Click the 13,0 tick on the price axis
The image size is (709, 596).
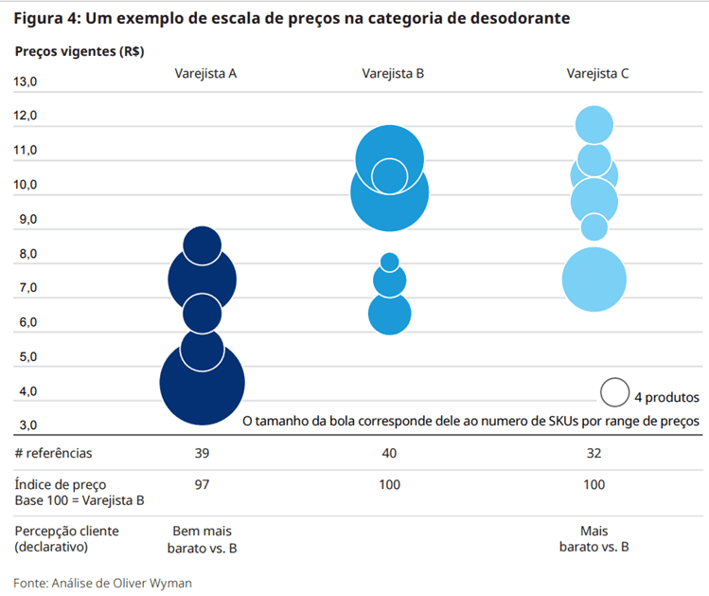[25, 82]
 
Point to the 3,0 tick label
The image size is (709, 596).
[25, 425]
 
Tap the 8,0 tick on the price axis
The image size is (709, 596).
[25, 254]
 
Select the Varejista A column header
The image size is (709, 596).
[205, 74]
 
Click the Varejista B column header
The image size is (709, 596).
[393, 74]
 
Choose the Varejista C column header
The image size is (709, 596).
[597, 74]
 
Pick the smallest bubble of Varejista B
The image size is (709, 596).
[389, 262]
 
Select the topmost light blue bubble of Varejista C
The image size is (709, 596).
[594, 124]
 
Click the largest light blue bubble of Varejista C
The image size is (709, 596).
[594, 279]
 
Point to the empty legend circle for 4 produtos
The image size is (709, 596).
[614, 392]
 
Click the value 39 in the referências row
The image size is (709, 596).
[202, 453]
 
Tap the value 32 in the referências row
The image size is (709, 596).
[594, 453]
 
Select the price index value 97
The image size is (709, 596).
[202, 484]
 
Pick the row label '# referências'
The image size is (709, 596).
[54, 453]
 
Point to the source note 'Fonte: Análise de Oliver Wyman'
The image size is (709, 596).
[102, 583]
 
